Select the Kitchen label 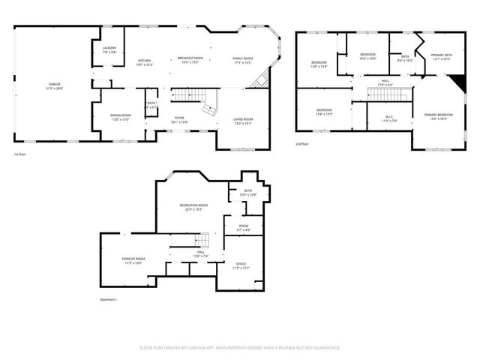pyautogui.click(x=145, y=62)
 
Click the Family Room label pyautogui.click(x=242, y=60)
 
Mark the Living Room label pyautogui.click(x=242, y=120)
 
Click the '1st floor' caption pyautogui.click(x=20, y=155)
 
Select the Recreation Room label pyautogui.click(x=193, y=206)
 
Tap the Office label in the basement pyautogui.click(x=241, y=265)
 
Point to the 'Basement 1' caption pyautogui.click(x=109, y=299)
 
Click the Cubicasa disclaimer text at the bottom pyautogui.click(x=240, y=348)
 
